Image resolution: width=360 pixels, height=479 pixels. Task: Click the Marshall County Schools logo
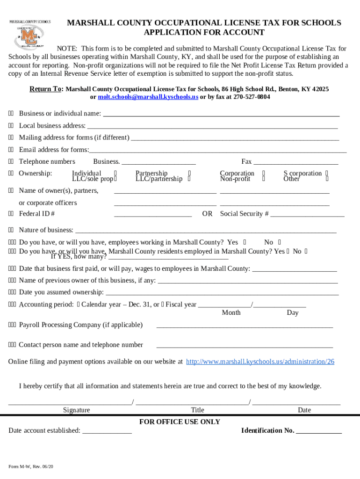(x=30, y=34)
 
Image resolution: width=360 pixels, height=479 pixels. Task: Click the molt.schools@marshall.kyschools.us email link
(x=148, y=97)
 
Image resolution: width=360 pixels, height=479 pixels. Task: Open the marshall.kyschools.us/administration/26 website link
(x=260, y=362)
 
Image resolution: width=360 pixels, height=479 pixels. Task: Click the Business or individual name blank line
(x=221, y=114)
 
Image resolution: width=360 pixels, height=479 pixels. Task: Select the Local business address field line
(x=212, y=126)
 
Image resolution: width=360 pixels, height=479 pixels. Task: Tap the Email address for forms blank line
(x=217, y=151)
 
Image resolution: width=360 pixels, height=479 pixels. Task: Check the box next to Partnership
(x=189, y=173)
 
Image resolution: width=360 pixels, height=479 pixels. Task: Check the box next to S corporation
(x=327, y=173)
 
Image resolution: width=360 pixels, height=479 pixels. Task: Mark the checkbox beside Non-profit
(x=264, y=179)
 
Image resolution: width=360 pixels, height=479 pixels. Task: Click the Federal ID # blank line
(x=153, y=215)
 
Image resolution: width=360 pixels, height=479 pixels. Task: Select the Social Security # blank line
(x=307, y=215)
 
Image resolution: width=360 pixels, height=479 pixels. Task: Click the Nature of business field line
(x=206, y=231)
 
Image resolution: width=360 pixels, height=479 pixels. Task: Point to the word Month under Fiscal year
(x=231, y=312)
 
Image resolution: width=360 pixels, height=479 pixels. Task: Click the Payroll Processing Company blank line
(x=244, y=326)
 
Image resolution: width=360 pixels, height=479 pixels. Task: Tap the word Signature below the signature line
(x=76, y=410)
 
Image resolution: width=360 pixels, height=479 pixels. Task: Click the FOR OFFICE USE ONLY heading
(x=180, y=422)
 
